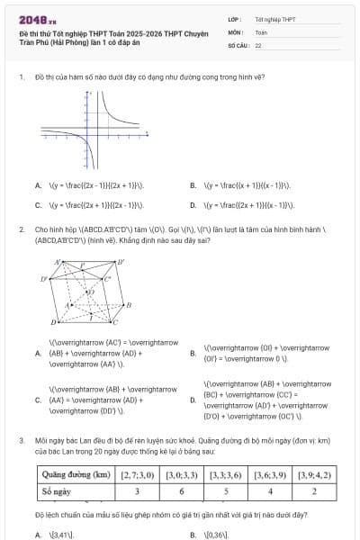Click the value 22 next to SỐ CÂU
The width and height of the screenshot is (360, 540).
tap(258, 43)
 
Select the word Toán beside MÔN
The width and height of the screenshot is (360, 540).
tap(261, 31)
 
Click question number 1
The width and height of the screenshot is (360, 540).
tap(21, 76)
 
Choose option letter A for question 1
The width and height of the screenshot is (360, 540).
tap(39, 185)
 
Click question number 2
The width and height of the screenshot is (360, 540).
tap(21, 229)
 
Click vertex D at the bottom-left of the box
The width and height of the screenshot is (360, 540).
tap(54, 321)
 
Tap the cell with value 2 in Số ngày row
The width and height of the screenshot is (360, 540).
tap(313, 492)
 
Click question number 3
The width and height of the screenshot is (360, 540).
tap(21, 441)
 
